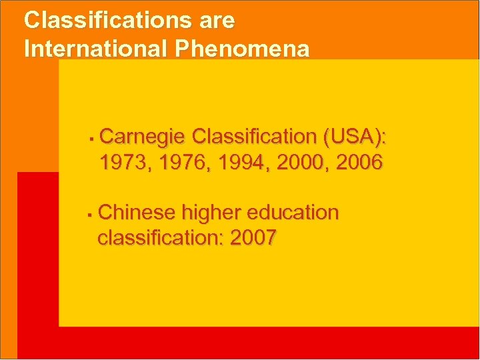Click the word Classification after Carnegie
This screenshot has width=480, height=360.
253,137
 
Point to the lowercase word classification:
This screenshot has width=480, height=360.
161,238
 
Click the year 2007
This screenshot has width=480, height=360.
253,238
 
